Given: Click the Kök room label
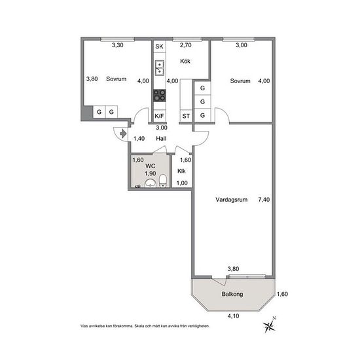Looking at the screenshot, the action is point(185,62).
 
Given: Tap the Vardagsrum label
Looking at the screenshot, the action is point(232,200).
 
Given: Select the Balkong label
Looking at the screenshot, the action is point(232,294).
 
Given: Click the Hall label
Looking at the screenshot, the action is point(161,139).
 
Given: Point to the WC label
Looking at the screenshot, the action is point(151,166).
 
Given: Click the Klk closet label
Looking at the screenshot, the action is point(181,171).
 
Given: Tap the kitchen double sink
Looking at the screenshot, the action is point(159,67).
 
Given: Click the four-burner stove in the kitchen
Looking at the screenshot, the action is point(159,96).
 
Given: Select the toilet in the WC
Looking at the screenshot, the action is point(163,181).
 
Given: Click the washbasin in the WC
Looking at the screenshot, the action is point(151,183).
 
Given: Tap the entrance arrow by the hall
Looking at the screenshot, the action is point(123,134).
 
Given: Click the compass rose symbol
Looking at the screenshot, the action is point(269,325).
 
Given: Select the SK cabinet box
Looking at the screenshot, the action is point(159,46).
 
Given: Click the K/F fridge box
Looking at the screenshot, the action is point(159,116).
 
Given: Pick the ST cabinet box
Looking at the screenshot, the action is point(186,116).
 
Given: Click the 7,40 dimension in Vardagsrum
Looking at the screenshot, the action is point(264,200).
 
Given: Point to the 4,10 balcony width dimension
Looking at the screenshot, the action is point(233,316).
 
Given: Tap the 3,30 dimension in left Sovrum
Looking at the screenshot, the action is point(118,45).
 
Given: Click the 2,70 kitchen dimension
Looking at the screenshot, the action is point(185,45).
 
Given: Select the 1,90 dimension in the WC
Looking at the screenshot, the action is point(151,173).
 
